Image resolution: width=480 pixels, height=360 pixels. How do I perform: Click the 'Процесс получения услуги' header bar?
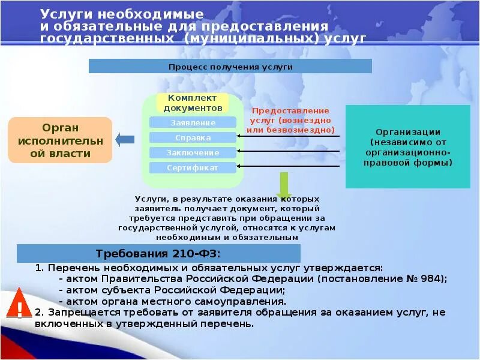tap(230, 67)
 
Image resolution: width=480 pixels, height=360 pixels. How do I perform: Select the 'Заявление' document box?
tap(193, 122)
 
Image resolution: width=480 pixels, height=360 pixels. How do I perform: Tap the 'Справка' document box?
tap(193, 137)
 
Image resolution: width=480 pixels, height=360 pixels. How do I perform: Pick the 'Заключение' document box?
tap(193, 153)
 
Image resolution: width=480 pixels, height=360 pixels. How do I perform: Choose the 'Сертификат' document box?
tap(193, 168)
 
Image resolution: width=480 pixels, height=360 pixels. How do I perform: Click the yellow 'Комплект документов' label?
tap(193, 103)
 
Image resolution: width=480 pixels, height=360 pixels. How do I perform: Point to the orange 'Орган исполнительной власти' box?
tap(60, 140)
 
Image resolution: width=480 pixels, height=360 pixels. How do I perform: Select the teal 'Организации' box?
tap(408, 147)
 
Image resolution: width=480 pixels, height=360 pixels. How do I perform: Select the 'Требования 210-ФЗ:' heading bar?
tap(158, 253)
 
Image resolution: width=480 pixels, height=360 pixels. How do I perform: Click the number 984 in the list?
tap(435, 279)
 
